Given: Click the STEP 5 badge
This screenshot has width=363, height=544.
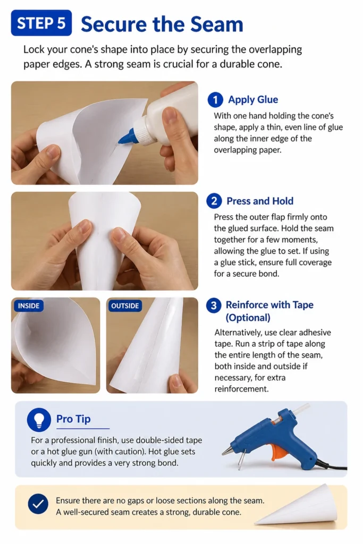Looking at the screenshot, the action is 41,23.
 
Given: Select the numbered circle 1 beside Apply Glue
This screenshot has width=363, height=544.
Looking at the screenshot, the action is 215,100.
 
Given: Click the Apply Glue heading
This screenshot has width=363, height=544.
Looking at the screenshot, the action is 253,99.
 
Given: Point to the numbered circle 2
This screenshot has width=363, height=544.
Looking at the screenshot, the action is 214,201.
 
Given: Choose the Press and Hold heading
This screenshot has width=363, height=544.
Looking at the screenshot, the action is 260,201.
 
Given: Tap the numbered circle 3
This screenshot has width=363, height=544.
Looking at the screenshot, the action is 214,305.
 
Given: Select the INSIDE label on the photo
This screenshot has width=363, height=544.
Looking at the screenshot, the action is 29,305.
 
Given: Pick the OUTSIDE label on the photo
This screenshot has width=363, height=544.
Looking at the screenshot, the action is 125,305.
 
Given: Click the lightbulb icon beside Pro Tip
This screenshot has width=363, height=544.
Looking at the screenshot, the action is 39,420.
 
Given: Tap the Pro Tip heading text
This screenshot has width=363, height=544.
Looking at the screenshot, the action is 73,419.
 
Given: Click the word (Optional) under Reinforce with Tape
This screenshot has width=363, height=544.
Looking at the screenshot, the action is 248,318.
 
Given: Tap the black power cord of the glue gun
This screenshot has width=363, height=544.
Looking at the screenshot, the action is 331,465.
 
